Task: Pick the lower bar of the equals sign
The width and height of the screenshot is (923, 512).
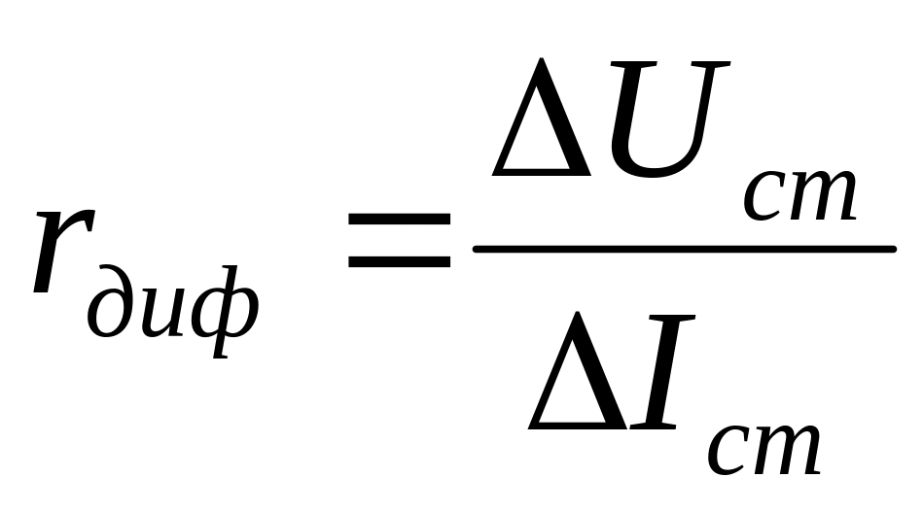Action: pos(400,262)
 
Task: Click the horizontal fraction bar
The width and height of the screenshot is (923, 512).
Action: pos(683,251)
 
